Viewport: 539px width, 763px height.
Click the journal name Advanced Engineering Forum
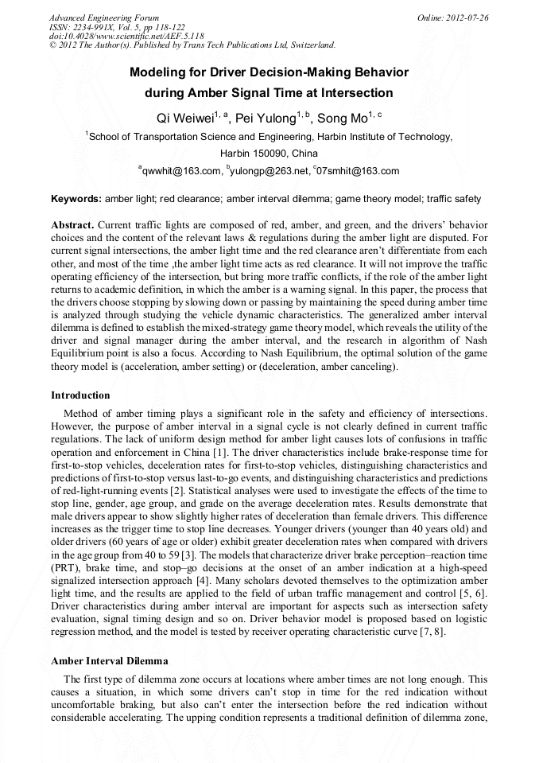point(104,18)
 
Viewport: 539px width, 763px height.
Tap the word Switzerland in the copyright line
point(306,45)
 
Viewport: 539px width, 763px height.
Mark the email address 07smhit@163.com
point(358,171)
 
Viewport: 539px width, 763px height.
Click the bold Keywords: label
point(76,198)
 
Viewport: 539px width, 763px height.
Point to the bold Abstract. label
point(73,225)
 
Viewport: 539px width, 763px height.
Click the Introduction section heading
point(80,395)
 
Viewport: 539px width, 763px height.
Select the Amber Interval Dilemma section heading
point(109,661)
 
